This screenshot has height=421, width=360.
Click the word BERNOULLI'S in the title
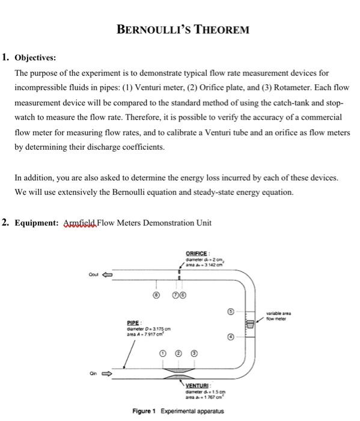[150, 29]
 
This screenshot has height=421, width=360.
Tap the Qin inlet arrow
[112, 372]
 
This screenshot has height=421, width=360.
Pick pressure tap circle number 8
[155, 296]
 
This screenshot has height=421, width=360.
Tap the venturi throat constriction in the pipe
[179, 372]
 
